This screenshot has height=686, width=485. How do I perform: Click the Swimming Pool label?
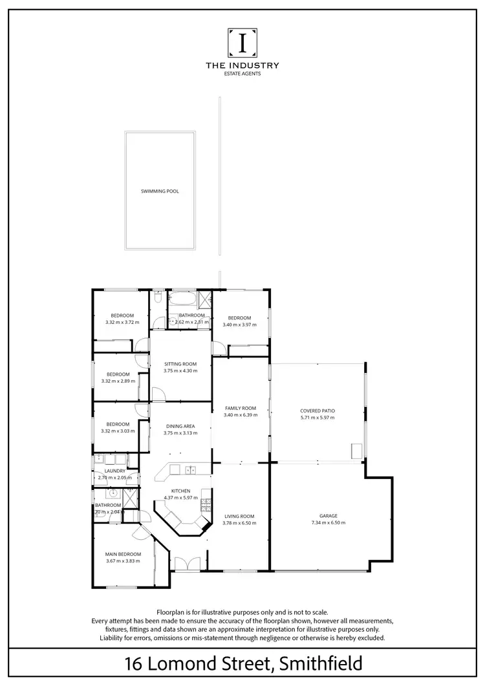pos(160,191)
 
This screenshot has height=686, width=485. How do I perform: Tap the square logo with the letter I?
pos(242,42)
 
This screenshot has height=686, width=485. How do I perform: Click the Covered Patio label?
pos(317,411)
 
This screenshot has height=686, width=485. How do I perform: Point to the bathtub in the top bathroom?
pos(182,299)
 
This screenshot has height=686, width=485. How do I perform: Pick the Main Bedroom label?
pos(123,554)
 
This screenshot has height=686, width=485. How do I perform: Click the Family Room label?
pos(240,408)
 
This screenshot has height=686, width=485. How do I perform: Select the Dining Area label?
pos(180,426)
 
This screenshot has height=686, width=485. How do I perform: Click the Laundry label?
pos(114,471)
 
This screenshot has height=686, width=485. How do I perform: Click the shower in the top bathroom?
pos(204,299)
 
